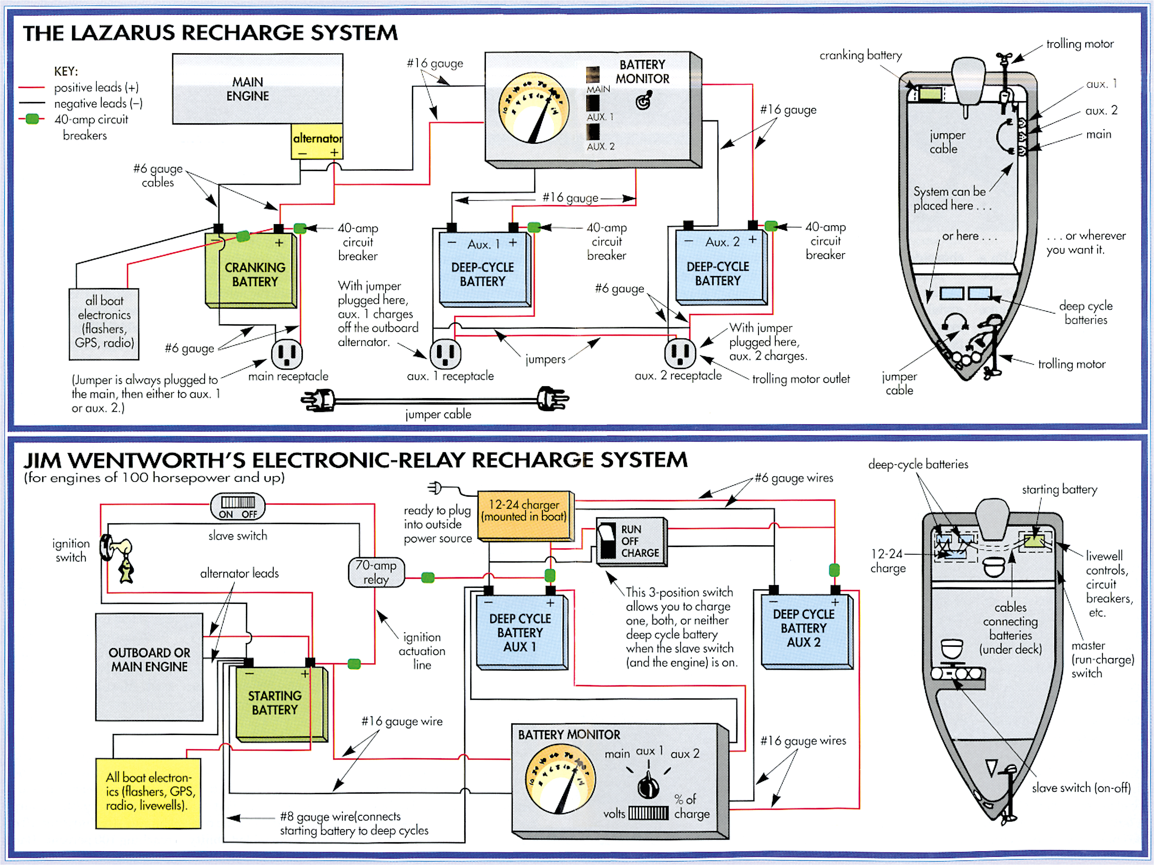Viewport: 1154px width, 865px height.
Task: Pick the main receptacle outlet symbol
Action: pyautogui.click(x=286, y=353)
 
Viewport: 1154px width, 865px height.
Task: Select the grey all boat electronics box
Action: pyautogui.click(x=104, y=324)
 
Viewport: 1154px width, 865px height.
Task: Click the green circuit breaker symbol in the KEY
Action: pyautogui.click(x=32, y=119)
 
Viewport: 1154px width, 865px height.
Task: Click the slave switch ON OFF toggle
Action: pyautogui.click(x=238, y=506)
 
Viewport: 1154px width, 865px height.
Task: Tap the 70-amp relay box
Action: pyautogui.click(x=376, y=572)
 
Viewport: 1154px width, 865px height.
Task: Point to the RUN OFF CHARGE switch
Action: pyautogui.click(x=631, y=542)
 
